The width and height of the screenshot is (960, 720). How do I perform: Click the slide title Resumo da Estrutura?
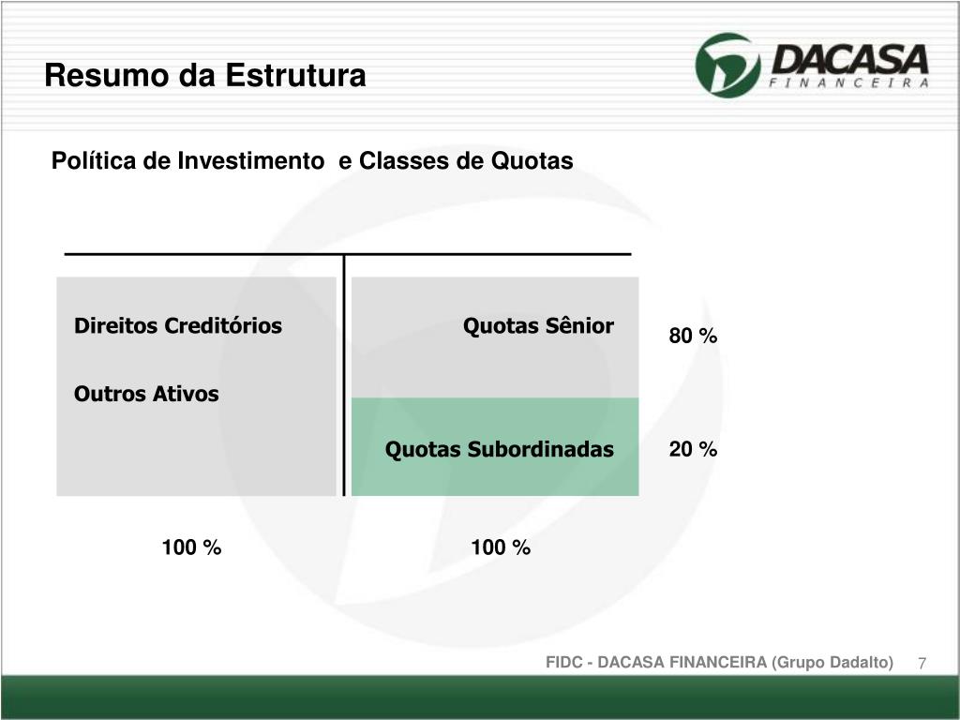[x=205, y=76]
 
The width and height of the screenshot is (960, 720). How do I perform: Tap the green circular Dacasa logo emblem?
[x=728, y=64]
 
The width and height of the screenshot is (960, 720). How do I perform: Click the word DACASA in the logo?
[x=848, y=59]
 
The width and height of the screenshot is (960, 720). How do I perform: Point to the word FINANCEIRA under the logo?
[x=848, y=82]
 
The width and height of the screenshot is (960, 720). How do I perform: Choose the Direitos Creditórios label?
[x=178, y=326]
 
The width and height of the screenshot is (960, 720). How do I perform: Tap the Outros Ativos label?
[x=146, y=394]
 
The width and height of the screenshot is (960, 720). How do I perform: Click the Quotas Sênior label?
[x=538, y=326]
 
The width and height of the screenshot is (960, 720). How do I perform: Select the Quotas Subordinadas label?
[x=500, y=450]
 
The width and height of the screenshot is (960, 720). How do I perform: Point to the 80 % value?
[x=693, y=336]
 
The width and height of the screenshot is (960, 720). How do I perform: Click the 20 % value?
[x=693, y=450]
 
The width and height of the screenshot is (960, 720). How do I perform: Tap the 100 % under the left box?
[x=191, y=547]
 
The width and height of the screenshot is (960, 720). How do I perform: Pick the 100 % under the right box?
[x=501, y=547]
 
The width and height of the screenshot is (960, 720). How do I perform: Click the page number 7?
[x=922, y=664]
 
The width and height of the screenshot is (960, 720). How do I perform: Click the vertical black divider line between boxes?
[x=344, y=375]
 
